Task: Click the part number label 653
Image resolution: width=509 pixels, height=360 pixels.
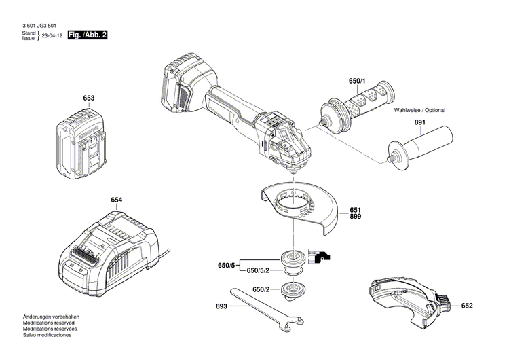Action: [89, 98]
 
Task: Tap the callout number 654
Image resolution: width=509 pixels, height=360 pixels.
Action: [117, 200]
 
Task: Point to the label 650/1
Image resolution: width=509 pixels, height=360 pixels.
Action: [357, 82]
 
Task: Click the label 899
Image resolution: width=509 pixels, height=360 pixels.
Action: [356, 216]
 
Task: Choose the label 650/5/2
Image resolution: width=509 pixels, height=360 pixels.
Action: [259, 270]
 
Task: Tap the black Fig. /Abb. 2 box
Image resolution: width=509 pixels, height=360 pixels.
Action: [88, 35]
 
